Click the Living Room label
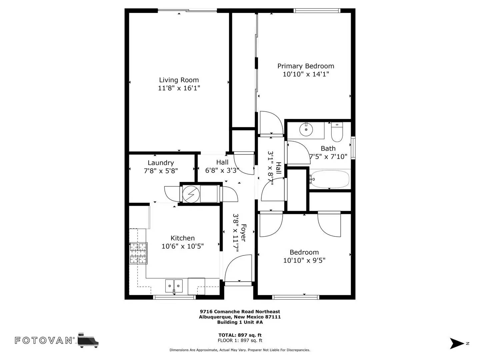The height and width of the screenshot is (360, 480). [179, 80]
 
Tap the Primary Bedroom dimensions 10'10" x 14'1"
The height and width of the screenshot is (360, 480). [306, 74]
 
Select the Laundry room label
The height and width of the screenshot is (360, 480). [161, 163]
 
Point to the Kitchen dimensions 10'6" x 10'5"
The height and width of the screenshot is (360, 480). [183, 246]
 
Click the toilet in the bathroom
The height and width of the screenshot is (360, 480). [337, 132]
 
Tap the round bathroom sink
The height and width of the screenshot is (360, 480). [306, 129]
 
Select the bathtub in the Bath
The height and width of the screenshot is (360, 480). [330, 179]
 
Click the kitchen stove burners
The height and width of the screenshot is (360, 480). [138, 253]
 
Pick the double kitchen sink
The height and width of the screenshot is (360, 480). [174, 286]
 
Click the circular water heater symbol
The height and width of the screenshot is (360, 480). [191, 194]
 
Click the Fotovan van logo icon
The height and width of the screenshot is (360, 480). [88, 341]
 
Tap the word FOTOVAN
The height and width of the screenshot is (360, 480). [44, 341]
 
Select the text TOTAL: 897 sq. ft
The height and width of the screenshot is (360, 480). [240, 335]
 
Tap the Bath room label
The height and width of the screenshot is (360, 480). [328, 149]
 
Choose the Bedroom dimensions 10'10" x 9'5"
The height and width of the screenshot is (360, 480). [304, 261]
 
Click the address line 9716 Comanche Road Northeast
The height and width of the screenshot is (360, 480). [240, 311]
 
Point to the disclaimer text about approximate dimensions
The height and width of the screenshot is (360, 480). [240, 350]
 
